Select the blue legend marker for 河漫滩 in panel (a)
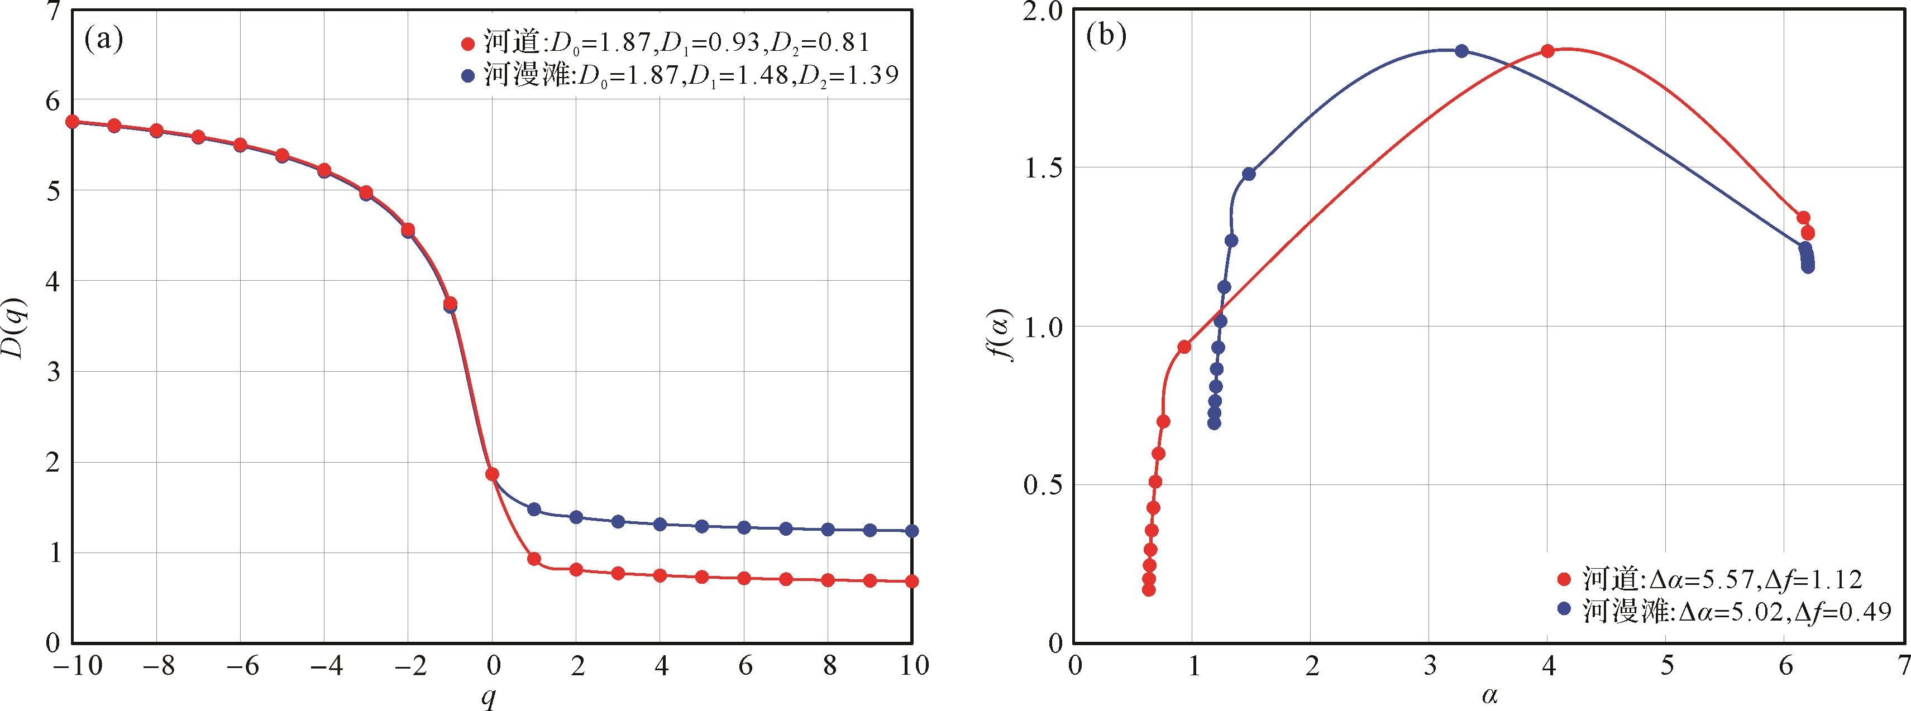(467, 76)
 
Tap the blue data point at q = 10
(912, 531)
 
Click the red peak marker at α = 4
(1547, 51)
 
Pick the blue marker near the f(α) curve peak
(1461, 51)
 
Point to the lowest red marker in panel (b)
(1148, 589)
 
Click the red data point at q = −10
(73, 122)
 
